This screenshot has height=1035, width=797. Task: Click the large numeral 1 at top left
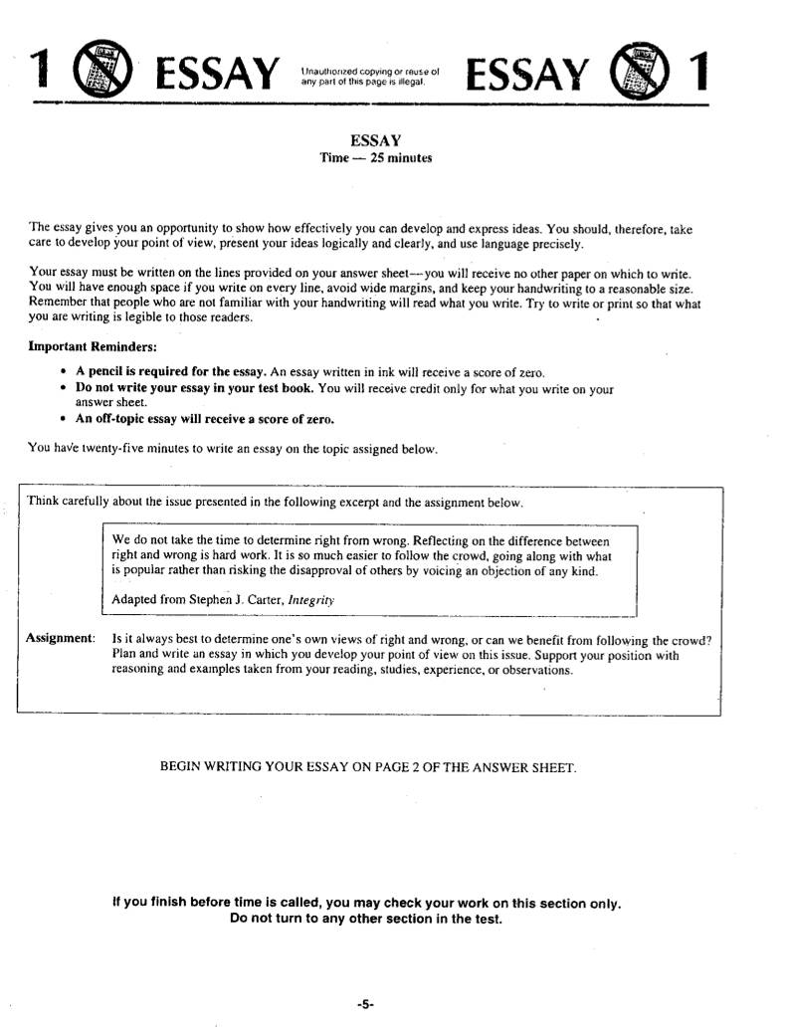[x=40, y=73]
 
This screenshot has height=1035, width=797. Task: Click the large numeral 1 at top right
[x=699, y=73]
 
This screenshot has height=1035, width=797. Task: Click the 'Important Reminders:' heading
[x=93, y=346]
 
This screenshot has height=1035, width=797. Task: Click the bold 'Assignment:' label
[x=61, y=638]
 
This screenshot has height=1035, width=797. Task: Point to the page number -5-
[x=364, y=1005]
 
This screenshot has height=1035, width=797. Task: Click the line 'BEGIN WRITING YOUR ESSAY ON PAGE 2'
[x=367, y=767]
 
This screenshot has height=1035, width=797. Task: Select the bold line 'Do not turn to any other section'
[x=366, y=919]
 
